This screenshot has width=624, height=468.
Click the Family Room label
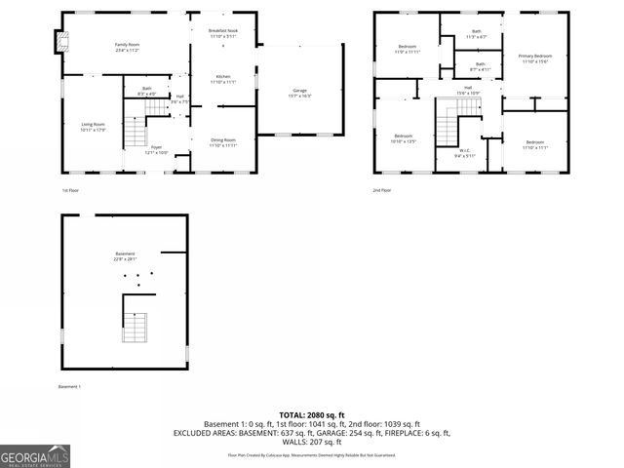pyautogui.click(x=128, y=48)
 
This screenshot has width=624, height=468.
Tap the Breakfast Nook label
pyautogui.click(x=223, y=34)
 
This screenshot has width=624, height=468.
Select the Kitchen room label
pyautogui.click(x=222, y=79)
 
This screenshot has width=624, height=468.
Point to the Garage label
pyautogui.click(x=299, y=94)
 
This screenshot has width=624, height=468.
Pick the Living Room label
pyautogui.click(x=93, y=126)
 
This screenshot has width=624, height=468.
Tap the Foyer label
pyautogui.click(x=156, y=150)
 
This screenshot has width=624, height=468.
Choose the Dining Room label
pyautogui.click(x=223, y=142)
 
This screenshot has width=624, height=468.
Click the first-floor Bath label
pyautogui.click(x=147, y=91)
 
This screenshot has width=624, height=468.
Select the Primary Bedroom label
pyautogui.click(x=534, y=58)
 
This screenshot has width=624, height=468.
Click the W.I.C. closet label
pyautogui.click(x=465, y=153)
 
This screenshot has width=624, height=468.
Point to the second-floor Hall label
pyautogui.click(x=468, y=91)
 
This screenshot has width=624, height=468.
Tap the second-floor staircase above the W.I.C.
pyautogui.click(x=448, y=124)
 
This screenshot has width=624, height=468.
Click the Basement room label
pyautogui.click(x=124, y=255)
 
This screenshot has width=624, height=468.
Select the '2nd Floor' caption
pyautogui.click(x=381, y=190)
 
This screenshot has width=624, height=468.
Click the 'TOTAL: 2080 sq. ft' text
pyautogui.click(x=311, y=414)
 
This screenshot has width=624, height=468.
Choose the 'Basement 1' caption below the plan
pyautogui.click(x=69, y=387)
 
